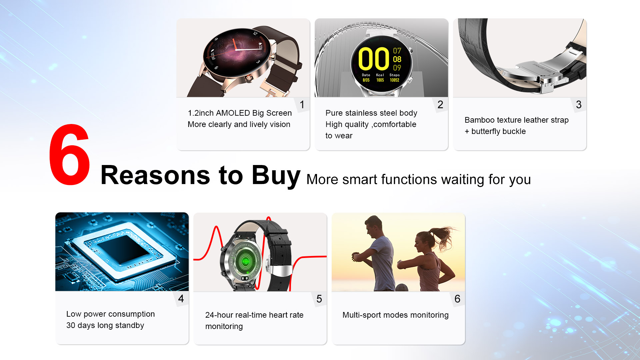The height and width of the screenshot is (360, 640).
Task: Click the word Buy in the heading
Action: pyautogui.click(x=276, y=176)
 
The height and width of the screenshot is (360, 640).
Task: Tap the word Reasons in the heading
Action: pyautogui.click(x=155, y=175)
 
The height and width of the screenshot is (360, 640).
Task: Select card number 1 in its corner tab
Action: pyautogui.click(x=302, y=105)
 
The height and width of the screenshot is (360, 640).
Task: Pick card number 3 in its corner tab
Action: pyautogui.click(x=579, y=105)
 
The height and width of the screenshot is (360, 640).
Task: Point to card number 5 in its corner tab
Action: pyautogui.click(x=319, y=299)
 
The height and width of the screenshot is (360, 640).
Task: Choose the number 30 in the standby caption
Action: pyautogui.click(x=71, y=325)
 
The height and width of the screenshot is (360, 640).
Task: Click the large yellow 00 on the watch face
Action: pyautogui.click(x=374, y=59)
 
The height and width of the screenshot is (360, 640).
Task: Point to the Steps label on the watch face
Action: pyautogui.click(x=394, y=75)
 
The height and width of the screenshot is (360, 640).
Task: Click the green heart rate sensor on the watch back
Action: pyautogui.click(x=245, y=262)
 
